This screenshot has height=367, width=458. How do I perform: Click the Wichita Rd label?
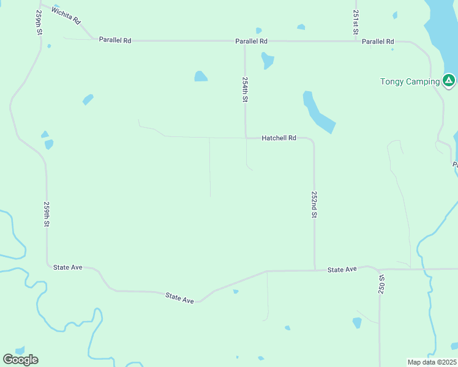(x=66, y=15)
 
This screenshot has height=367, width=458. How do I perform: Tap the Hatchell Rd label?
(x=279, y=138)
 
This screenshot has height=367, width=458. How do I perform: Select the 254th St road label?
(x=245, y=89)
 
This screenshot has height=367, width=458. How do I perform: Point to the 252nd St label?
(x=314, y=204)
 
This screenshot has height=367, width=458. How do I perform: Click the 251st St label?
(x=356, y=22)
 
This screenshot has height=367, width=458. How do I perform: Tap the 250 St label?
(x=381, y=286)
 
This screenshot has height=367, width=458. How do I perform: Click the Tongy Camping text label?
(x=410, y=81)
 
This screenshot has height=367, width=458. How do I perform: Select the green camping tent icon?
(x=449, y=80)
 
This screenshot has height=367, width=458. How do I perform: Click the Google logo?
(x=20, y=359)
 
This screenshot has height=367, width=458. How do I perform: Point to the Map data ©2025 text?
(x=432, y=362)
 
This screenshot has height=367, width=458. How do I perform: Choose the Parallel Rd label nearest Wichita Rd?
(x=115, y=40)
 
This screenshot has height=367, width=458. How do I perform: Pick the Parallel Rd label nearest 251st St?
(x=378, y=41)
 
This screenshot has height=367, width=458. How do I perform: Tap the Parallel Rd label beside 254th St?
(x=252, y=41)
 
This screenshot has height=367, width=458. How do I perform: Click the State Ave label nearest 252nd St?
(x=342, y=270)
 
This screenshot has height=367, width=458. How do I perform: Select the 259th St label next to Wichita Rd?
(x=39, y=22)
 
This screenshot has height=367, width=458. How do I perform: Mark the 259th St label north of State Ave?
(x=47, y=215)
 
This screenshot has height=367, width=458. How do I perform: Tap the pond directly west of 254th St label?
(x=200, y=76)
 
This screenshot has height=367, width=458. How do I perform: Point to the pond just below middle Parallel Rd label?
(x=267, y=60)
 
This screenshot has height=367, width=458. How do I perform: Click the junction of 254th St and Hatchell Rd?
(x=246, y=138)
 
